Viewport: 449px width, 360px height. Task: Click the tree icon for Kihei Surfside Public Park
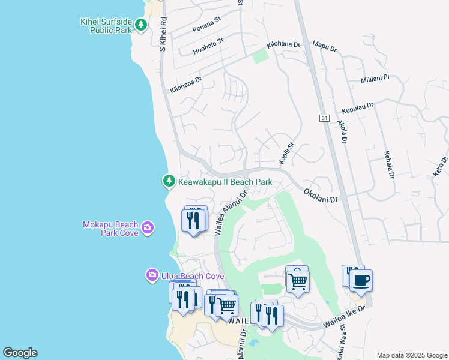tap(140, 25)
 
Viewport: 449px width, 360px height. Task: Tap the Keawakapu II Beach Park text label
tap(225, 182)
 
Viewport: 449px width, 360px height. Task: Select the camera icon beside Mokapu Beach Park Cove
tap(148, 228)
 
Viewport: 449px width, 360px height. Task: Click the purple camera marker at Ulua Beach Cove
tap(152, 275)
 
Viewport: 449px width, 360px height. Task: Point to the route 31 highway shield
tap(324, 119)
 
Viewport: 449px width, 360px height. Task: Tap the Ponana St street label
tap(207, 28)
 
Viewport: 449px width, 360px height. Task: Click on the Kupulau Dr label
tap(357, 108)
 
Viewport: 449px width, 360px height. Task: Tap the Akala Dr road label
tap(342, 132)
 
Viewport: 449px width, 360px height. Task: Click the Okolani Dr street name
tap(321, 195)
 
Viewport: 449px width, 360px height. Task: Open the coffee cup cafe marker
tap(361, 281)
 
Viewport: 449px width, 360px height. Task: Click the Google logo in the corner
tap(20, 353)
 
